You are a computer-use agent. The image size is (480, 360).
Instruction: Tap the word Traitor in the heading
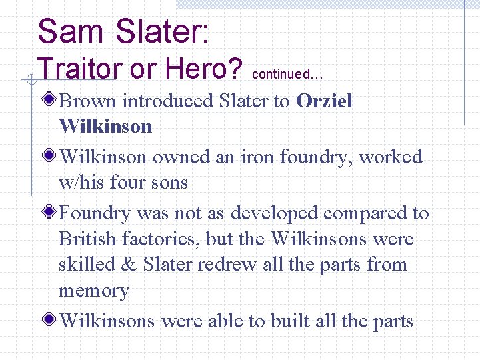(77, 68)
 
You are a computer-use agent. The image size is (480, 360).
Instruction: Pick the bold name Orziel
(324, 101)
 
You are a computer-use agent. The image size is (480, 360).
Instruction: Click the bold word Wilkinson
(105, 126)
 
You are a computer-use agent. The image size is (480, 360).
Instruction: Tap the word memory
(93, 291)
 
